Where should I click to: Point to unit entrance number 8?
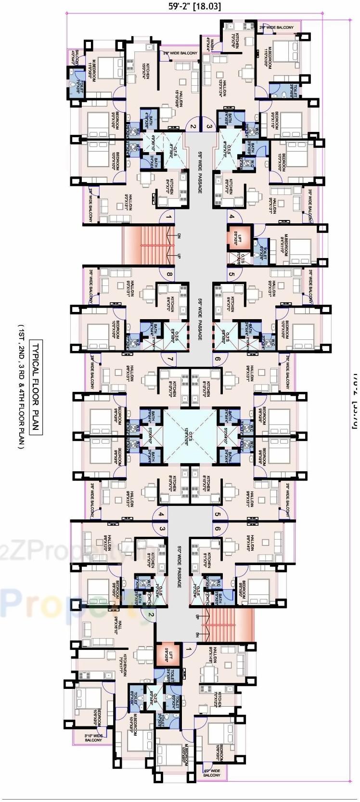click(x=169, y=275)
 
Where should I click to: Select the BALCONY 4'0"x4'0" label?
click(x=75, y=57)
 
